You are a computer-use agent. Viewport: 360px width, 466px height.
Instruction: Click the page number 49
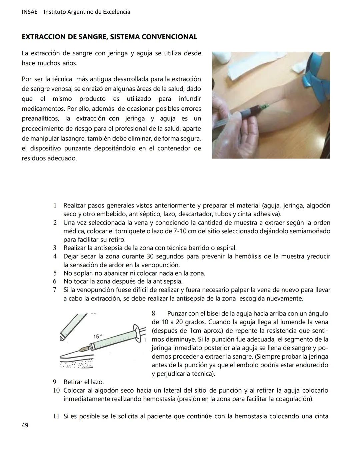[25, 425]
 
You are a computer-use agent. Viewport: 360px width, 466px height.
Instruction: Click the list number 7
[55, 290]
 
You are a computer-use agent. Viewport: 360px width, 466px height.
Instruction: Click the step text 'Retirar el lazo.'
[84, 382]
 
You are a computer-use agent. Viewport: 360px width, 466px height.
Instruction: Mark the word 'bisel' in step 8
[209, 314]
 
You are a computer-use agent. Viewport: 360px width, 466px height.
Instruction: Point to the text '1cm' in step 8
[194, 331]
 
